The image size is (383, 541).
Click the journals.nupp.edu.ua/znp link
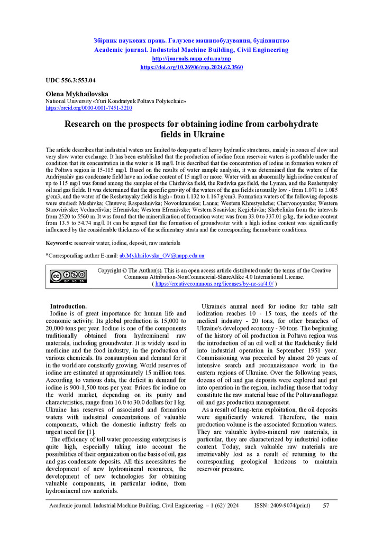pos(191,59)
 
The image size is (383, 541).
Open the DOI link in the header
pos(191,68)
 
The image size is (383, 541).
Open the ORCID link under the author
pos(89,108)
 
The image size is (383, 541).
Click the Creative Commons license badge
pos(68,277)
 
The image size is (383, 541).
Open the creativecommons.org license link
pos(214,284)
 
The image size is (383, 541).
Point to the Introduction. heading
pos(68,306)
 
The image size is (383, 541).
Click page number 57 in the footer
pos(326,506)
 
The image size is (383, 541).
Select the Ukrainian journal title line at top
pos(191,40)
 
